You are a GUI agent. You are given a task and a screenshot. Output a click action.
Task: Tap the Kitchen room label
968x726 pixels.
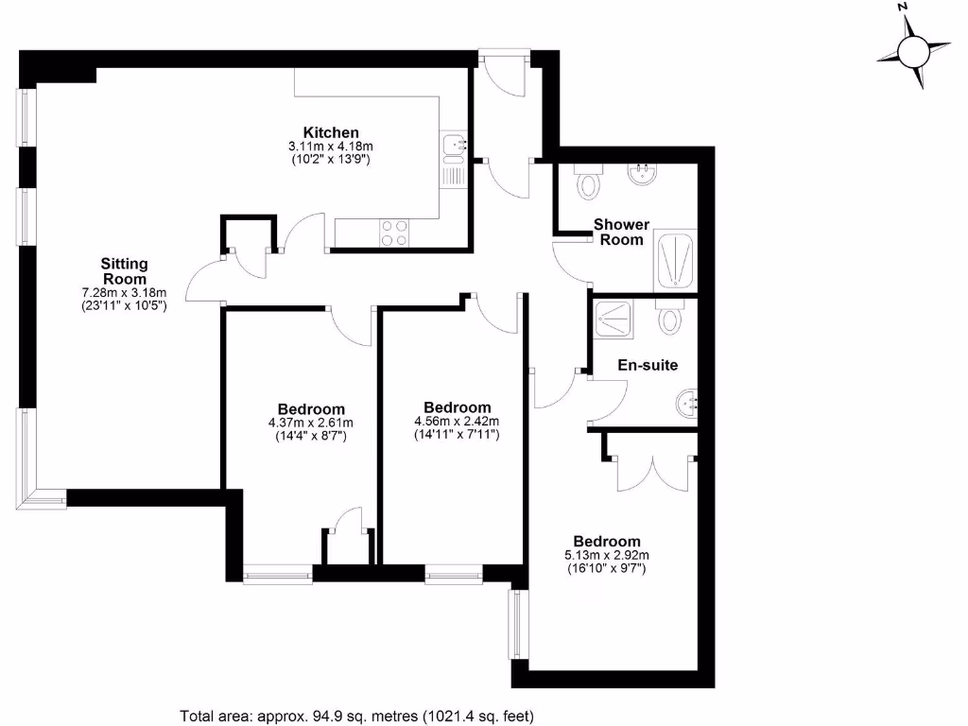click(330, 132)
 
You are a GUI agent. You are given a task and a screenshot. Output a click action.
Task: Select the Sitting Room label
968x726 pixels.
click(125, 271)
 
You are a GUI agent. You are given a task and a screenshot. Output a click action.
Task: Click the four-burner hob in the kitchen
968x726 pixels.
click(395, 233)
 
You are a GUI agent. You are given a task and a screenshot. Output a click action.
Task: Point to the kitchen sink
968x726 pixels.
click(454, 147)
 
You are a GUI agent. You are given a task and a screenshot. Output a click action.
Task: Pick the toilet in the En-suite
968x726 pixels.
click(670, 317)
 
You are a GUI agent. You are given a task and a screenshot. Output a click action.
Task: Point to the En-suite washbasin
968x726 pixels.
click(687, 405)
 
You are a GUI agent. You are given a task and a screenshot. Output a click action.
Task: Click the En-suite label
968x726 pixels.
click(648, 365)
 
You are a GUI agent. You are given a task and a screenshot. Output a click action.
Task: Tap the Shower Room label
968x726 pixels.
click(621, 232)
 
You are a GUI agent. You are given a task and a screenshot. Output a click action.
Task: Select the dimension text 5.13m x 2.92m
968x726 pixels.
click(599, 555)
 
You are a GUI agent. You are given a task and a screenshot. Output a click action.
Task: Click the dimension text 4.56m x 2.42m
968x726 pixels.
click(457, 422)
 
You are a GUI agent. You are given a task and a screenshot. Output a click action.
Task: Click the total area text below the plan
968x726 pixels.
click(363, 716)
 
